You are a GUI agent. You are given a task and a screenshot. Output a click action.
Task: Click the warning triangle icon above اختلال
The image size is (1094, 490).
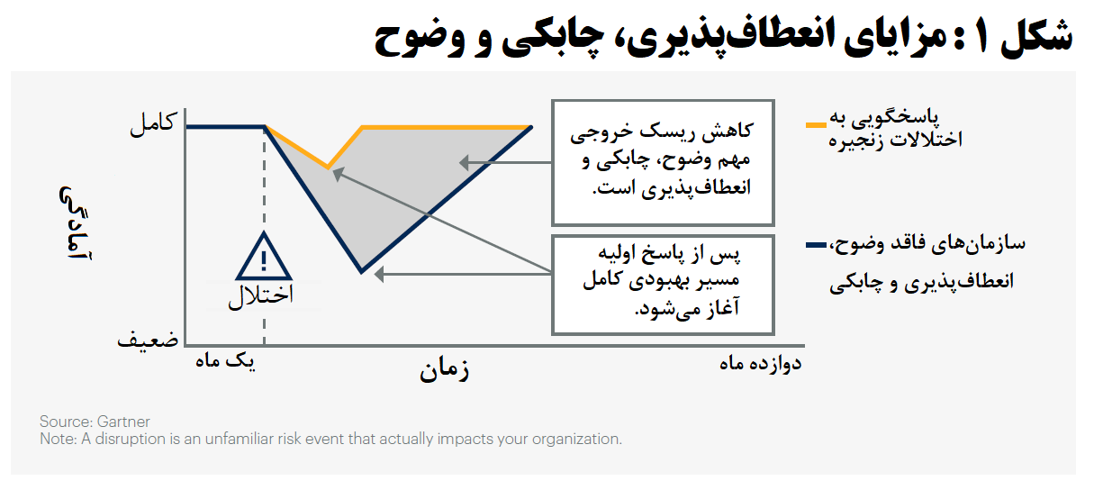point(263,258)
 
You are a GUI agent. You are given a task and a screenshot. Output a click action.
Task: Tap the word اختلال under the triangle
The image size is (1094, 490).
point(260,296)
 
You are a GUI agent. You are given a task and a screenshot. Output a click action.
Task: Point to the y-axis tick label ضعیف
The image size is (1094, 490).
point(148,341)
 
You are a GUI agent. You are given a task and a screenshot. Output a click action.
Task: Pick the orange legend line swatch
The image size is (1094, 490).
point(817,125)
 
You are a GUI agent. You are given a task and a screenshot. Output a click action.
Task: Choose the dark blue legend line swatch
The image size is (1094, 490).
point(817,244)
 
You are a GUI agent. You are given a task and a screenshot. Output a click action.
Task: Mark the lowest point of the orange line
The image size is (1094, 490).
point(329,168)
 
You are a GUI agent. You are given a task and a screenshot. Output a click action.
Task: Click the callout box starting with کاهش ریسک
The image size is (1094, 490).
point(662,161)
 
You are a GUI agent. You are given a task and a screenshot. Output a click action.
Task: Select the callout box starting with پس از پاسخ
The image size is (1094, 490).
point(662,284)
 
